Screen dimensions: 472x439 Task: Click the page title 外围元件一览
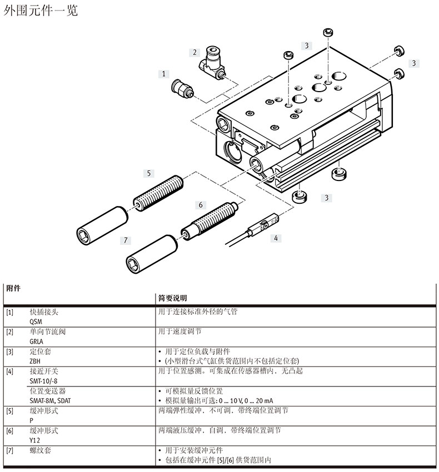pyautogui.click(x=41, y=11)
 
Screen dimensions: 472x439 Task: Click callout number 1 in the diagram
pyautogui.click(x=164, y=73)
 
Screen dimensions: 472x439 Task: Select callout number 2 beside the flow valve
pyautogui.click(x=194, y=53)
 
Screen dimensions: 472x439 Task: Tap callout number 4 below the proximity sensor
pyautogui.click(x=276, y=238)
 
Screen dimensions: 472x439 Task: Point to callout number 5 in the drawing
pyautogui.click(x=148, y=173)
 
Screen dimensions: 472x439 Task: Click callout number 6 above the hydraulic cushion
pyautogui.click(x=201, y=205)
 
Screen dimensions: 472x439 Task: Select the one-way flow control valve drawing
pyautogui.click(x=212, y=61)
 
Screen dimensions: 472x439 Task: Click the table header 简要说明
pyautogui.click(x=173, y=298)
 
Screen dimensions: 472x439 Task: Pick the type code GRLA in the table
pyautogui.click(x=37, y=341)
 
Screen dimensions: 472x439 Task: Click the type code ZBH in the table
pyautogui.click(x=36, y=360)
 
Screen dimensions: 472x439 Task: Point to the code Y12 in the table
pyautogui.click(x=34, y=440)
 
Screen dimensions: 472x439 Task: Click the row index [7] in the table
pyautogui.click(x=9, y=450)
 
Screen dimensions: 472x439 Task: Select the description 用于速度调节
pyautogui.click(x=180, y=332)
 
